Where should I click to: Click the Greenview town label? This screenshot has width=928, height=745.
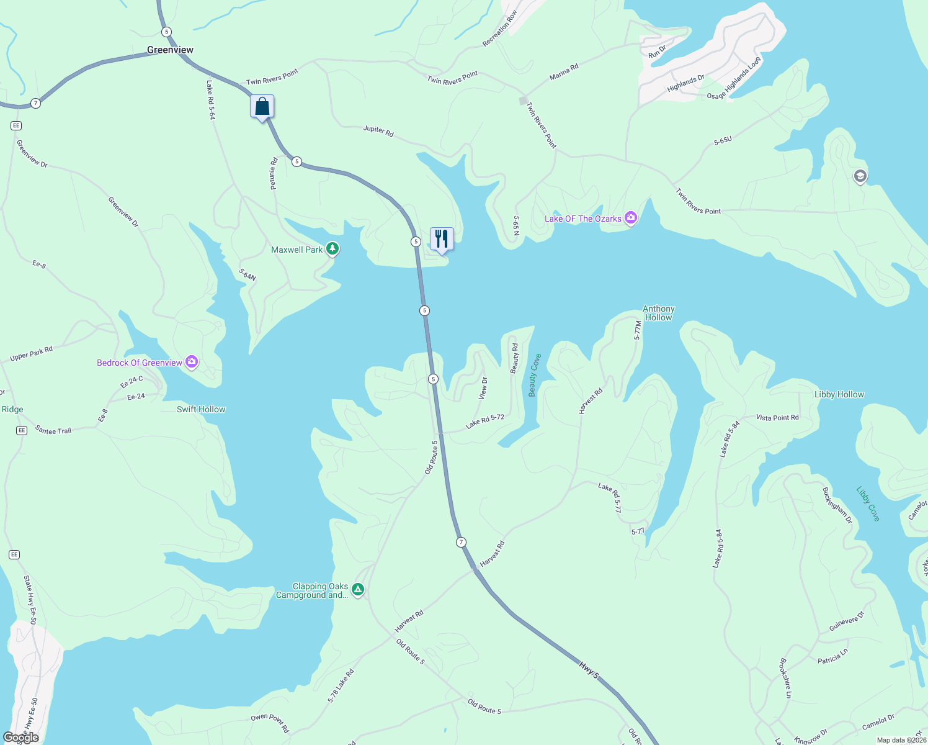pyautogui.click(x=170, y=50)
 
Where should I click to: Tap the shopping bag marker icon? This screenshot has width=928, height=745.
pyautogui.click(x=262, y=106)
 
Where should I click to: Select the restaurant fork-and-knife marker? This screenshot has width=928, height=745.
pyautogui.click(x=442, y=238)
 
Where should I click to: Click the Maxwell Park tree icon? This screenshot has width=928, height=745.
pyautogui.click(x=333, y=249)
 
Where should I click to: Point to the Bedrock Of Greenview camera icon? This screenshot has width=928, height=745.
pyautogui.click(x=192, y=362)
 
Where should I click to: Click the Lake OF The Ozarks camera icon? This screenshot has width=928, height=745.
pyautogui.click(x=631, y=217)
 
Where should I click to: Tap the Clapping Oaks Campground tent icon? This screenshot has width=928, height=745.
pyautogui.click(x=358, y=589)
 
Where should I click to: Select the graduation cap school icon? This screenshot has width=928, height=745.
pyautogui.click(x=860, y=176)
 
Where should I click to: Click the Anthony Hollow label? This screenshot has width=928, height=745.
pyautogui.click(x=658, y=313)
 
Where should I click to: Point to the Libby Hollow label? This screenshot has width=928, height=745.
pyautogui.click(x=839, y=394)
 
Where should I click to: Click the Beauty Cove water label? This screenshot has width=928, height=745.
pyautogui.click(x=534, y=375)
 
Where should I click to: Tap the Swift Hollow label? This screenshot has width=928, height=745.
pyautogui.click(x=201, y=409)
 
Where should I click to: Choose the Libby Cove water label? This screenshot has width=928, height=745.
pyautogui.click(x=868, y=503)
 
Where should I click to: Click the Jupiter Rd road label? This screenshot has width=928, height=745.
pyautogui.click(x=378, y=131)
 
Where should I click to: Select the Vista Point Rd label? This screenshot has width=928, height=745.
pyautogui.click(x=777, y=418)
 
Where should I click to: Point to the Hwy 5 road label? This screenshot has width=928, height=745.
pyautogui.click(x=589, y=670)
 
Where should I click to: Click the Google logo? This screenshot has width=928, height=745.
pyautogui.click(x=21, y=738)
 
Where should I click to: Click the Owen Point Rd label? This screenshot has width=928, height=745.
pyautogui.click(x=270, y=723)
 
